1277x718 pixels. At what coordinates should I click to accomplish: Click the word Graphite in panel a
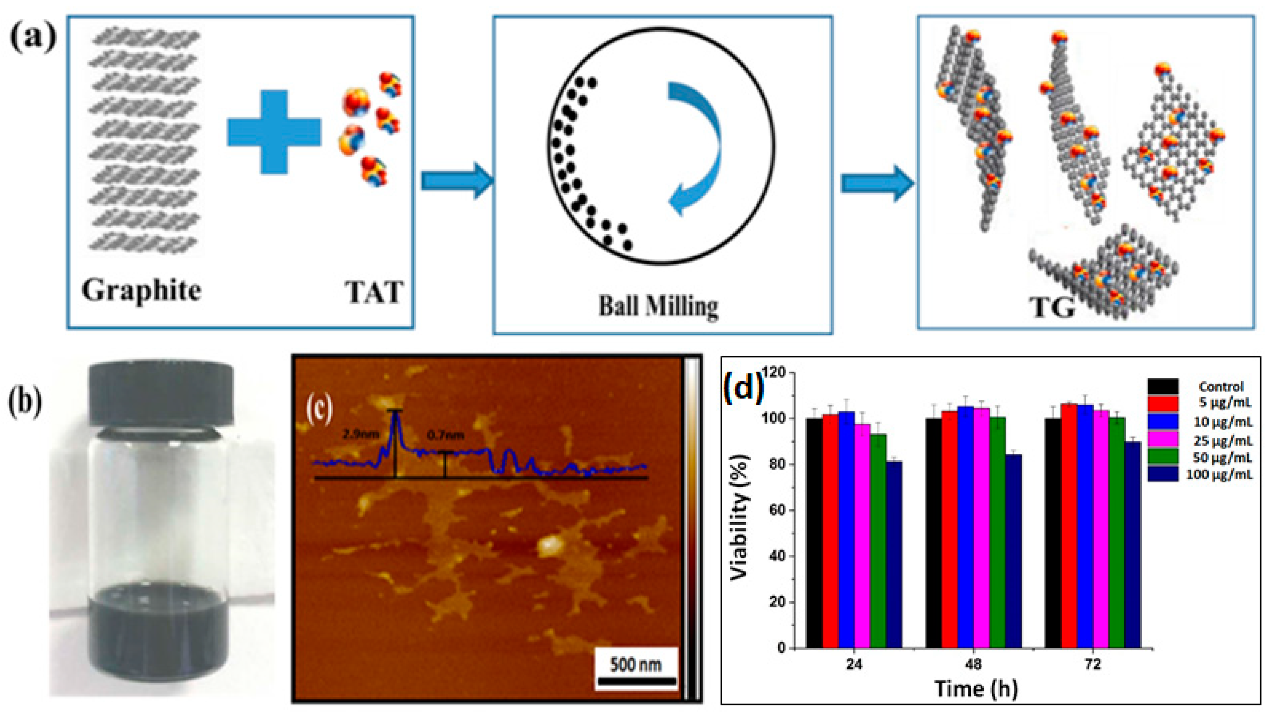[142, 290]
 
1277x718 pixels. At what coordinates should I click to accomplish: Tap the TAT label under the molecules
[374, 292]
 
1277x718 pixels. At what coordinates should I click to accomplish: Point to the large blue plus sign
[274, 132]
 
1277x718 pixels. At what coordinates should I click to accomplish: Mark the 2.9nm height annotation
[361, 434]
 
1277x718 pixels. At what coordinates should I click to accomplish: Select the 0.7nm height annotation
[446, 435]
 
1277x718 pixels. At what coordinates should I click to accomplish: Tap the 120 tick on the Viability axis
[774, 372]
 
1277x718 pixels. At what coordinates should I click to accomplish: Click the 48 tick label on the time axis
[974, 664]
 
